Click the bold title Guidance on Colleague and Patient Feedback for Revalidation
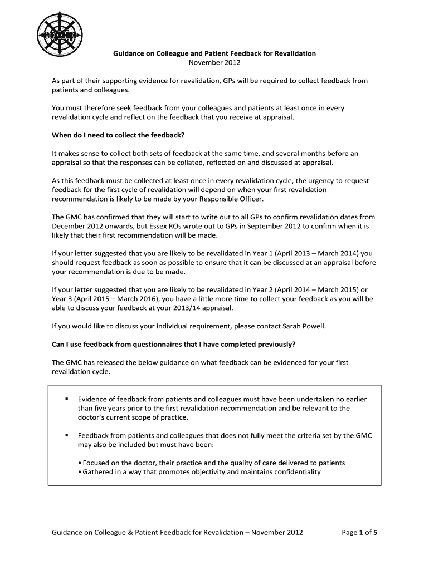214,53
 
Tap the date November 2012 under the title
214,62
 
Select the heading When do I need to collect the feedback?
118,135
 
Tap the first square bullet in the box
66,399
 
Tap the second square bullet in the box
66,435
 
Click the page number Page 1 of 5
359,533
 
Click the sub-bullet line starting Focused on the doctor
212,463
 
